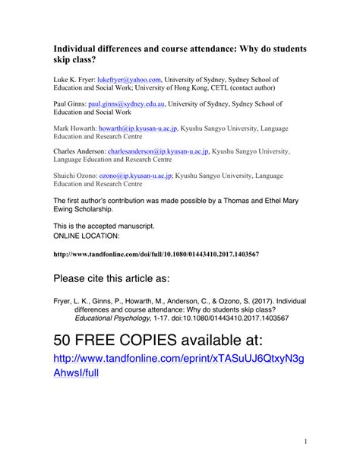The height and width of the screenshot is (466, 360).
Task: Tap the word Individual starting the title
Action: click(80, 49)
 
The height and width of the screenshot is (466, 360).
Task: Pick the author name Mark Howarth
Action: click(74, 129)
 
